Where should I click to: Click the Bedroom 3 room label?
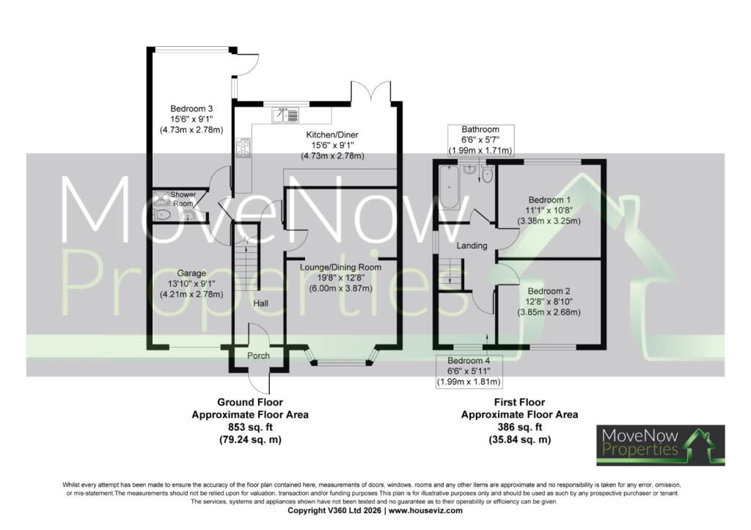pyautogui.click(x=191, y=108)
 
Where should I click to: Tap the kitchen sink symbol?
pyautogui.click(x=285, y=115)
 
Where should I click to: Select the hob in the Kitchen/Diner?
pyautogui.click(x=242, y=147)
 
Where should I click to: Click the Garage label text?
pyautogui.click(x=191, y=273)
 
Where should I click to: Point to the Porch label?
pyautogui.click(x=258, y=356)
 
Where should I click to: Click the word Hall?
pyautogui.click(x=260, y=303)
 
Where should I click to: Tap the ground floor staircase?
pyautogui.click(x=246, y=265)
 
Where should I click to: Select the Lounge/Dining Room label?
pyautogui.click(x=340, y=267)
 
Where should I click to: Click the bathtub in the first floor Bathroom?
pyautogui.click(x=450, y=187)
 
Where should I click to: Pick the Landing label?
pyautogui.click(x=472, y=246)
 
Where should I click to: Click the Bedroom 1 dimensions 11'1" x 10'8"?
pyautogui.click(x=549, y=210)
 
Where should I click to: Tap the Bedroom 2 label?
pyautogui.click(x=549, y=291)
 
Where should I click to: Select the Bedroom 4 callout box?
pyautogui.click(x=469, y=371)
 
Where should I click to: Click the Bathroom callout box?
pyautogui.click(x=480, y=140)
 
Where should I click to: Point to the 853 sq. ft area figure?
pyautogui.click(x=249, y=427)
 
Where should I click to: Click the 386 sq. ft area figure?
pyautogui.click(x=520, y=427)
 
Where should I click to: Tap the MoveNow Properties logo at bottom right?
pyautogui.click(x=661, y=445)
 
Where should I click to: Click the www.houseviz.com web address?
pyautogui.click(x=425, y=510)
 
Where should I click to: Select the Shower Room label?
pyautogui.click(x=183, y=199)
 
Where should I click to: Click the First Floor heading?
pyautogui.click(x=520, y=402)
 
